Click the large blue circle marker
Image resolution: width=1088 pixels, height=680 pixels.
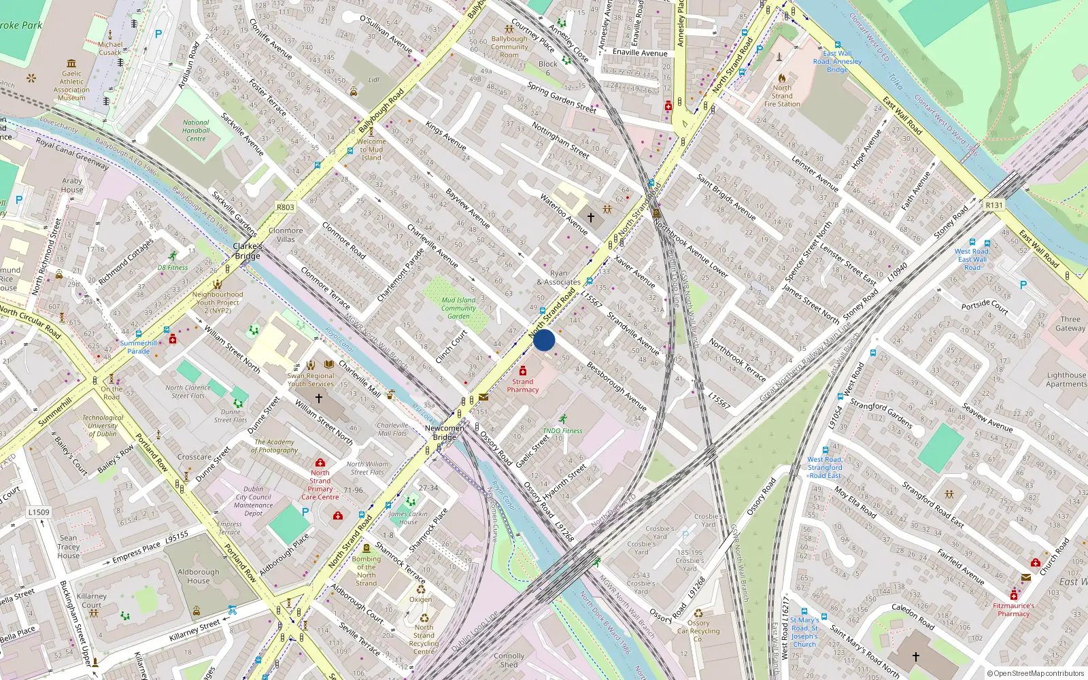pyautogui.click(x=544, y=340)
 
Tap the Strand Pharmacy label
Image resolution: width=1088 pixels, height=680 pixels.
pyautogui.click(x=522, y=386)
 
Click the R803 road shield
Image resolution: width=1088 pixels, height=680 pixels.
pyautogui.click(x=286, y=207)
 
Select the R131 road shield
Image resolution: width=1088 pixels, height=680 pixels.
pyautogui.click(x=994, y=205)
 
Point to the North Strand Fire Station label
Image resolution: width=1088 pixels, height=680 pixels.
pyautogui.click(x=782, y=96)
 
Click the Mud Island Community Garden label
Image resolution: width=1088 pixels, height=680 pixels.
pyautogui.click(x=458, y=308)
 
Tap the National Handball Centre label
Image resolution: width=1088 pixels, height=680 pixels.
pyautogui.click(x=196, y=131)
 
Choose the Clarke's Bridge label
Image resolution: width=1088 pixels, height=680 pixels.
pyautogui.click(x=248, y=251)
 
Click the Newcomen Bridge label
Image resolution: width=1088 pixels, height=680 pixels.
pyautogui.click(x=444, y=432)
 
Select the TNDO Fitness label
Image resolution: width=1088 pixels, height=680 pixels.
pyautogui.click(x=562, y=430)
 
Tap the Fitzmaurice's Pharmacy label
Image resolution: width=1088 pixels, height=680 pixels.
pyautogui.click(x=1013, y=609)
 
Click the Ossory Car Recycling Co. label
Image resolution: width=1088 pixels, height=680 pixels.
pyautogui.click(x=698, y=630)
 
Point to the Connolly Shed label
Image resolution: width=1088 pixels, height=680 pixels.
pyautogui.click(x=509, y=660)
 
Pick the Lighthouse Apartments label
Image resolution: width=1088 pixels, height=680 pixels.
pyautogui.click(x=1066, y=379)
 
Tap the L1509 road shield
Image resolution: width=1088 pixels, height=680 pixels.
pyautogui.click(x=39, y=512)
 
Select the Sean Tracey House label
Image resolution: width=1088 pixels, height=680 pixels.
pyautogui.click(x=68, y=547)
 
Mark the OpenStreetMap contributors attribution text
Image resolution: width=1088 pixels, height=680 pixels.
pyautogui.click(x=1036, y=674)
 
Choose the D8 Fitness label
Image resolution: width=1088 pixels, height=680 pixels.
pyautogui.click(x=173, y=267)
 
